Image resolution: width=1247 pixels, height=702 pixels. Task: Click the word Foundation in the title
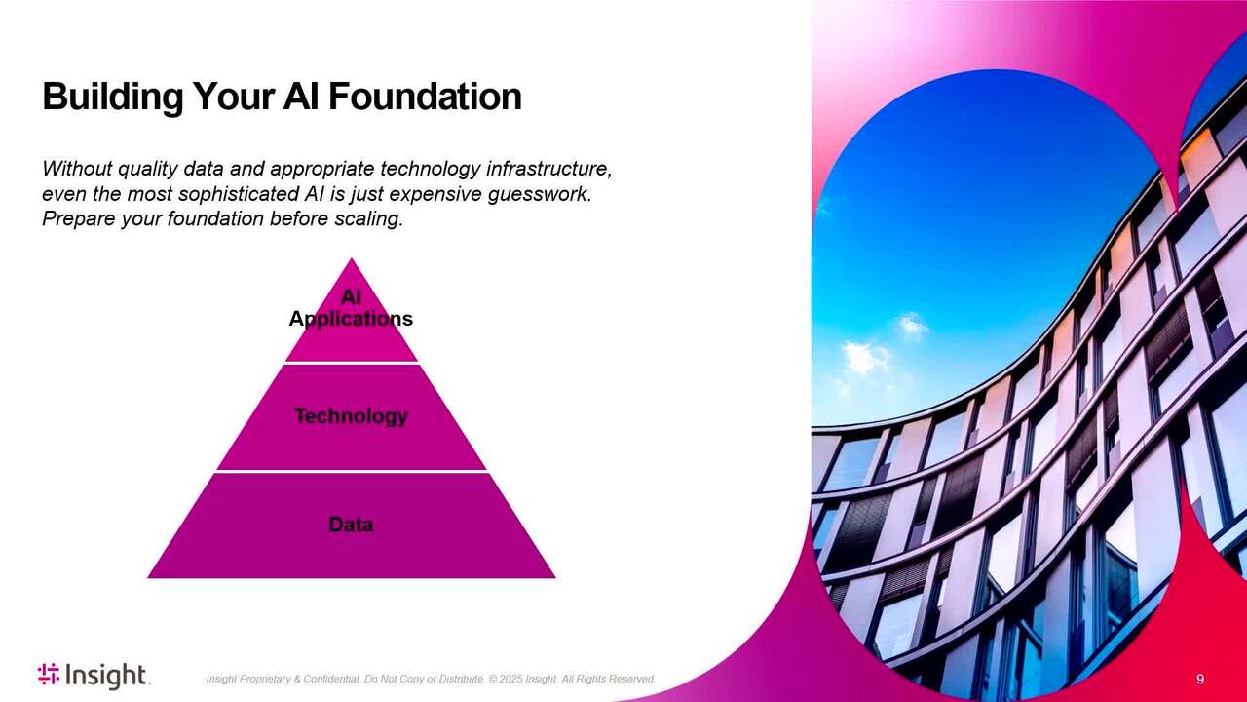[x=425, y=97]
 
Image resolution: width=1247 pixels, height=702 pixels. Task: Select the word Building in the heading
[x=112, y=97]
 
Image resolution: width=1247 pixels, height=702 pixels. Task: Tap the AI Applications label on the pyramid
[x=351, y=307]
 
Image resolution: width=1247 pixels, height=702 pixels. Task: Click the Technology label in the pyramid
[x=351, y=416]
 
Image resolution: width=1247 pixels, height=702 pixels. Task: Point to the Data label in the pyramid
[x=351, y=525]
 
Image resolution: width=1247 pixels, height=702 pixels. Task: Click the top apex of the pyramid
[x=352, y=258]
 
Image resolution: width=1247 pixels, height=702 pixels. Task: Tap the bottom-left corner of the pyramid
[x=147, y=578]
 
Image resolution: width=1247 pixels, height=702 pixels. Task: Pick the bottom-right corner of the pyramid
[x=555, y=578]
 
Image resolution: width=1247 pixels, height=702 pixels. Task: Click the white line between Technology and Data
[x=352, y=471]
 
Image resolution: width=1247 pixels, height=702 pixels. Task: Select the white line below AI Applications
[x=352, y=363]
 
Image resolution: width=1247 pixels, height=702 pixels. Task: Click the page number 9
[x=1200, y=679]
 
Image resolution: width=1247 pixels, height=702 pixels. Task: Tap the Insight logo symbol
[x=49, y=674]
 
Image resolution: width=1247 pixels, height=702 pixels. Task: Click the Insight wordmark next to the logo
[x=107, y=676]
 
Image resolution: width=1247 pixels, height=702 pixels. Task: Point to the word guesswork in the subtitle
[x=540, y=194]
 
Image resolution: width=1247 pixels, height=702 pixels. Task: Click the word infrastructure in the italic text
[x=548, y=169]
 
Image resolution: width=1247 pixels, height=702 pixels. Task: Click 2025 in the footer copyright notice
[x=511, y=679]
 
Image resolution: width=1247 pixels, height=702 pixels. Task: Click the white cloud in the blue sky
[x=864, y=357]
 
